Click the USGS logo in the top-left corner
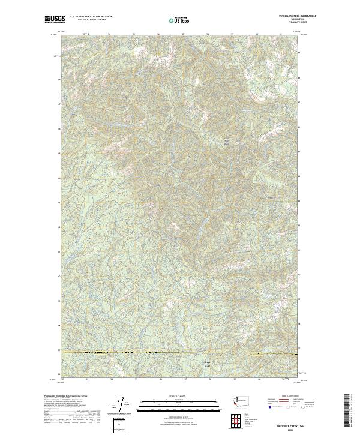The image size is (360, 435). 55,19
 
